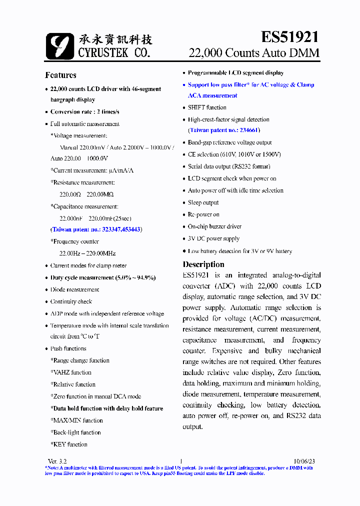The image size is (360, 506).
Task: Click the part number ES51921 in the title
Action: click(x=289, y=36)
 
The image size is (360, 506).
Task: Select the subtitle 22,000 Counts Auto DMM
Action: click(x=253, y=53)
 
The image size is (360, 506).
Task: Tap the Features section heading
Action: click(x=60, y=75)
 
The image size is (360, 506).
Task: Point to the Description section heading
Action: click(x=203, y=264)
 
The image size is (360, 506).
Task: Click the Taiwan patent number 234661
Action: click(x=223, y=130)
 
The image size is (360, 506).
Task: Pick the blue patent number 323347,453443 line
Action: click(x=96, y=229)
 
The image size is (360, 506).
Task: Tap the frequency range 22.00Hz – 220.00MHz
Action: click(x=87, y=253)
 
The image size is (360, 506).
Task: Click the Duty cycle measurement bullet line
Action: click(x=103, y=277)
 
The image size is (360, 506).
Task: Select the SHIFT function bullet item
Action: click(x=207, y=107)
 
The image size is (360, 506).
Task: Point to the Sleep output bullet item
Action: click(x=203, y=202)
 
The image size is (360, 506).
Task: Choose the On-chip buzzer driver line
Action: click(x=214, y=226)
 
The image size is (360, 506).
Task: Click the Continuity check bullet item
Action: click(x=71, y=301)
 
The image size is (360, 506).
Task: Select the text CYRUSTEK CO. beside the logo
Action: click(x=113, y=52)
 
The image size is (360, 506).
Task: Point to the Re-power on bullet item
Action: click(x=203, y=214)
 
